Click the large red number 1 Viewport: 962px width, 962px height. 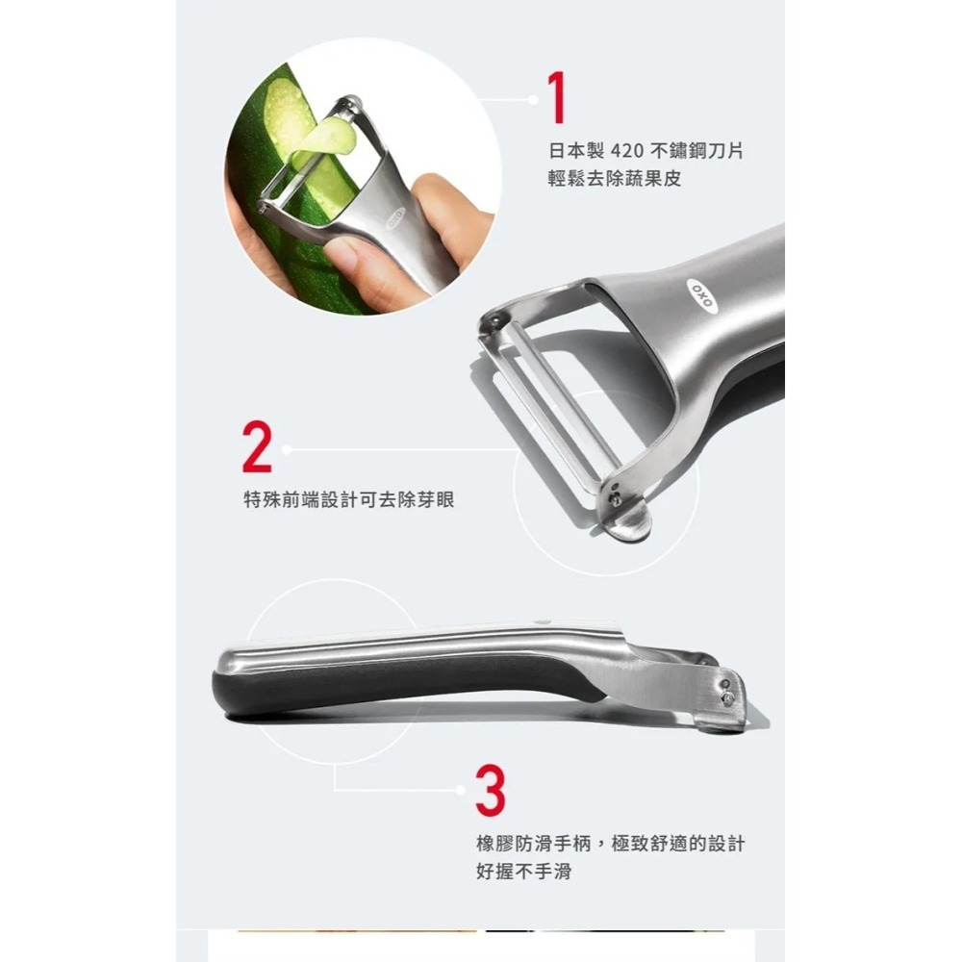(556, 99)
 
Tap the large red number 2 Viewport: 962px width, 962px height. (257, 448)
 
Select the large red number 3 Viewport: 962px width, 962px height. (490, 789)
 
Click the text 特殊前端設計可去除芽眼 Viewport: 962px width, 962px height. (348, 500)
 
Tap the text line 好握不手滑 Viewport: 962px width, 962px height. (524, 872)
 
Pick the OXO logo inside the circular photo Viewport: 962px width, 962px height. (393, 219)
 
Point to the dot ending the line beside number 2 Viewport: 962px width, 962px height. (286, 448)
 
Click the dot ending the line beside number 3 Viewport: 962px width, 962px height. (463, 790)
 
